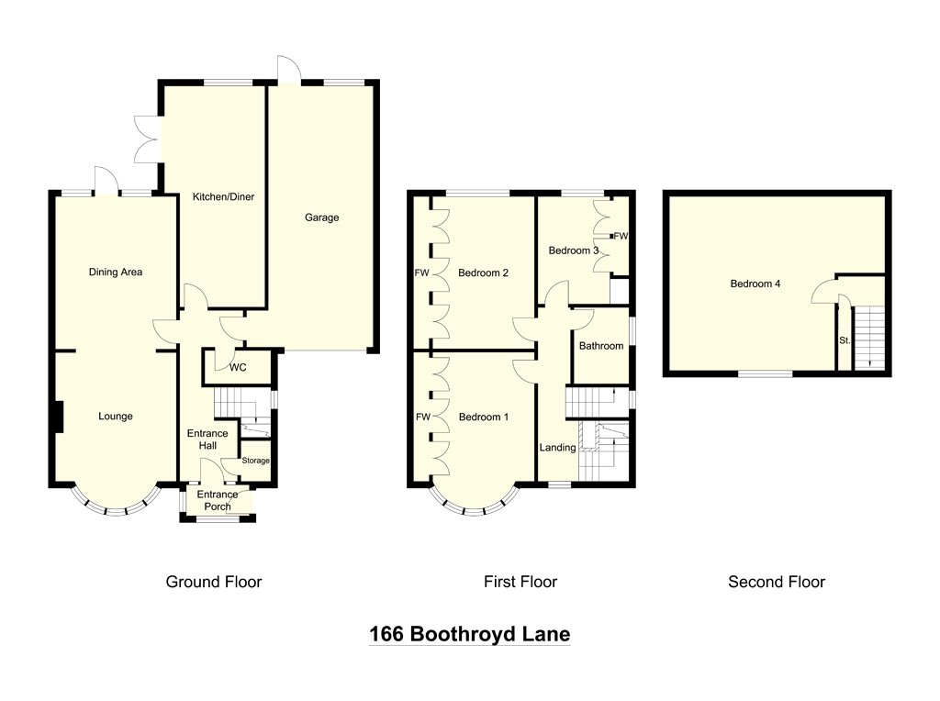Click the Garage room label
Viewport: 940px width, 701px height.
coord(322,217)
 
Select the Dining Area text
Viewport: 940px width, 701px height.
coord(116,272)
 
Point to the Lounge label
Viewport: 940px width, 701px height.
coord(116,417)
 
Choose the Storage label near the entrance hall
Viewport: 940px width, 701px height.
coord(256,461)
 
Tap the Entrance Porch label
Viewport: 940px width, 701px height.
coord(218,501)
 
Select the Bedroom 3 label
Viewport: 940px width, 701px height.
coord(574,250)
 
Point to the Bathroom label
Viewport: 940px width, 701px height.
coord(601,346)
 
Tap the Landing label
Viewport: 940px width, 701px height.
coord(557,448)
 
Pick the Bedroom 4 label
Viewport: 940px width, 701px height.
coord(755,284)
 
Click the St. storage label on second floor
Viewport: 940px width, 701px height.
coord(845,340)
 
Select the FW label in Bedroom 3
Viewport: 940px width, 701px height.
coord(621,236)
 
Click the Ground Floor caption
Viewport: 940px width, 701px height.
coord(214,582)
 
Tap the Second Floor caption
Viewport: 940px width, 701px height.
coord(777,582)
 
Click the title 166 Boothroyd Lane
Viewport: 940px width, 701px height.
coord(469,634)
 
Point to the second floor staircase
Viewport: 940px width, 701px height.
coord(867,338)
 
